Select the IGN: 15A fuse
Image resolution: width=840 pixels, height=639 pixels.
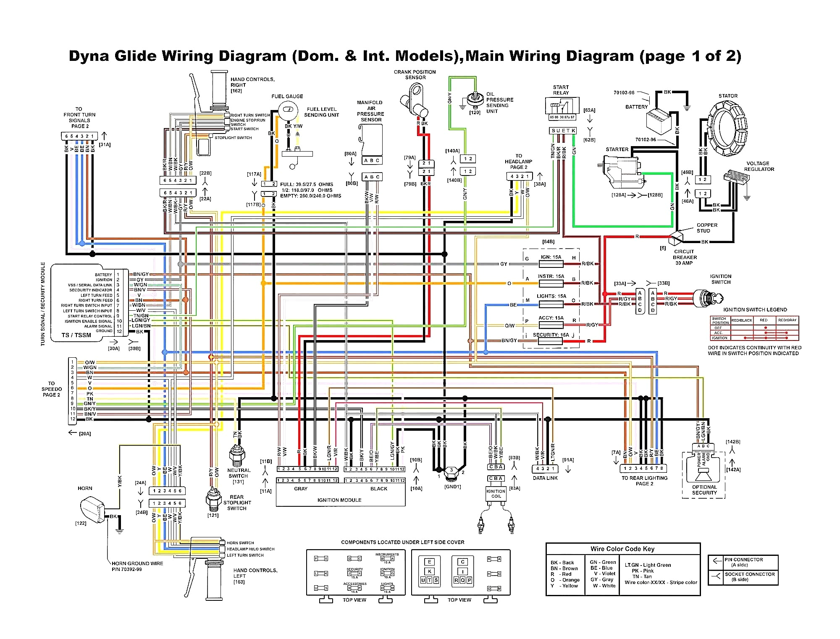[x=551, y=264]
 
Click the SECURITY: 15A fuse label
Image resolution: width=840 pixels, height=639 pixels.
[x=551, y=335]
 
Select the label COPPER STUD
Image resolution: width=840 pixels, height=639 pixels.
[x=707, y=228]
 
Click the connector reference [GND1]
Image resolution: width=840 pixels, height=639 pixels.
[x=452, y=487]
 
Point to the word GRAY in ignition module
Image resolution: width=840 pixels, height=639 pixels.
[x=301, y=489]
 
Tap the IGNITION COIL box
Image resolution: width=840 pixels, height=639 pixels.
[x=496, y=493]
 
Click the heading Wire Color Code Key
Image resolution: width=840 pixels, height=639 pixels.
[x=622, y=549]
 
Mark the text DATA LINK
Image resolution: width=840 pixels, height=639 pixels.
[x=545, y=478]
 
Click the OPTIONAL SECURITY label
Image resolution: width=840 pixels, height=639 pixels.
[x=704, y=490]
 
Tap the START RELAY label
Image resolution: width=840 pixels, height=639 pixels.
[x=561, y=90]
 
